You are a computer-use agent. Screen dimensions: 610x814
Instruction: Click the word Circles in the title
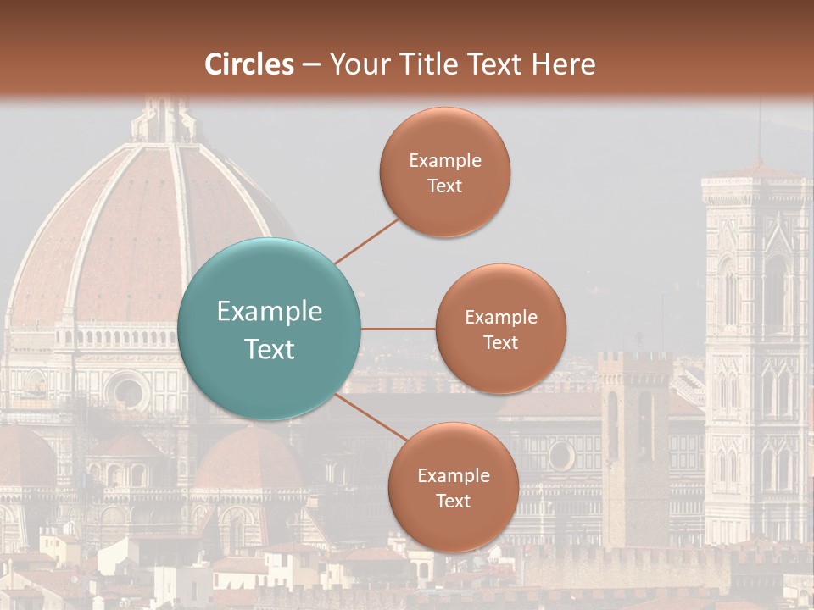point(248,64)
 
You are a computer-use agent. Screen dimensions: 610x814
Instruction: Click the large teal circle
point(270,329)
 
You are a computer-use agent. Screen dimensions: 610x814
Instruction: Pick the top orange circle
point(445,172)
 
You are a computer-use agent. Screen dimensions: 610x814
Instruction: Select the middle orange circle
point(500,329)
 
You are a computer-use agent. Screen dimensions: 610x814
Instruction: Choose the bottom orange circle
point(453,487)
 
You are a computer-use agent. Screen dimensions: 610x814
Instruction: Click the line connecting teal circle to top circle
point(366,241)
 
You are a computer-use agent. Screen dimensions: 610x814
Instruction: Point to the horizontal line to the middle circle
point(398,329)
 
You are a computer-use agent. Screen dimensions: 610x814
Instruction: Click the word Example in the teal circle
point(270,312)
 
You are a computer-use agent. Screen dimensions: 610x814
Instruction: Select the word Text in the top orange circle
point(445,186)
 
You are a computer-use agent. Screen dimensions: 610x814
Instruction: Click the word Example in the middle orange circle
point(500,317)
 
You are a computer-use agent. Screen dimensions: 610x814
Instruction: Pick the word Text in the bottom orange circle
point(453,501)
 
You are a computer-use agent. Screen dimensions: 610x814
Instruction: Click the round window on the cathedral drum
point(128,391)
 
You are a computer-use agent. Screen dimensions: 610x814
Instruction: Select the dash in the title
point(310,64)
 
